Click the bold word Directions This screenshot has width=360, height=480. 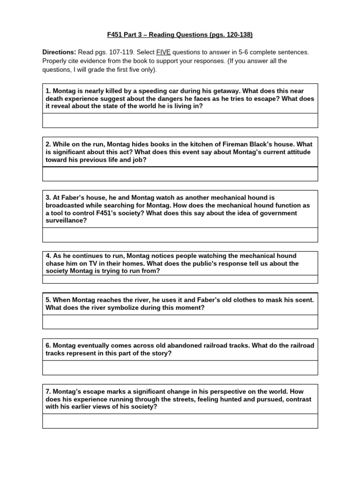point(59,52)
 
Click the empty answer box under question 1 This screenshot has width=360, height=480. point(180,120)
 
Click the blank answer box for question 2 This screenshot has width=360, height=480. point(180,174)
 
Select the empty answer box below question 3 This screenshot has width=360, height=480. point(180,235)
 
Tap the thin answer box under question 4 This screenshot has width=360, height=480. point(180,279)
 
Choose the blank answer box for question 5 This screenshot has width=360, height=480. point(180,322)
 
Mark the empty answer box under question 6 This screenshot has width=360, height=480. point(180,367)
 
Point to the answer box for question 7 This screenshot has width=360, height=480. point(180,421)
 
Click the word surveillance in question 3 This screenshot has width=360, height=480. point(65,220)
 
